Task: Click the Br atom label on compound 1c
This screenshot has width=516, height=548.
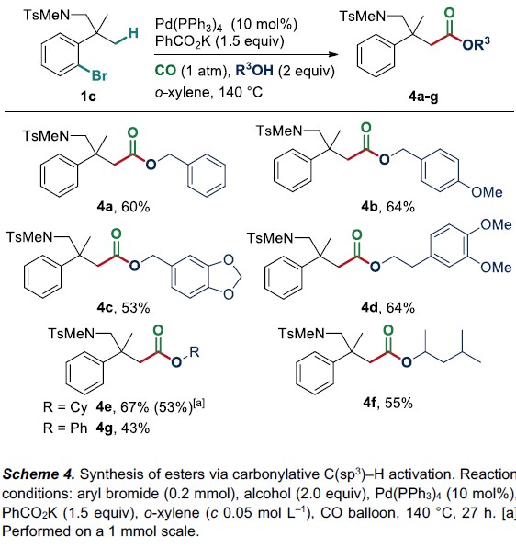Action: click(x=99, y=75)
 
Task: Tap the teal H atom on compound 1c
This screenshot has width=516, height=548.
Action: click(x=133, y=33)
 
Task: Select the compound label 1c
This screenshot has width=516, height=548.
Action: click(x=88, y=96)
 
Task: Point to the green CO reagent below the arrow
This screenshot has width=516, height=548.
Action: click(x=165, y=71)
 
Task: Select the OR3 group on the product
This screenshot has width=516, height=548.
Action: click(x=476, y=44)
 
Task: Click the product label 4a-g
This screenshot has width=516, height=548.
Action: click(x=423, y=97)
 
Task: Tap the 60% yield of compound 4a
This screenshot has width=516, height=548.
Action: click(x=135, y=207)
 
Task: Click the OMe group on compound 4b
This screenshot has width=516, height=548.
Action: click(x=487, y=192)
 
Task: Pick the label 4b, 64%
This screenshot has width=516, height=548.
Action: click(x=387, y=207)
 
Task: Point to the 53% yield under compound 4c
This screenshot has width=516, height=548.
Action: click(x=136, y=307)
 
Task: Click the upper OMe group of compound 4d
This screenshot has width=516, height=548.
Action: click(x=496, y=224)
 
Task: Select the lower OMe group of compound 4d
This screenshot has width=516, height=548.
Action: click(x=496, y=268)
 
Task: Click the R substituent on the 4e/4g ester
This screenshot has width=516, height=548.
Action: click(x=195, y=351)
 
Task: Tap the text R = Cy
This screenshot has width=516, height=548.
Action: click(x=65, y=407)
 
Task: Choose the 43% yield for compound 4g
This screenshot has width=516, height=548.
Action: click(x=135, y=428)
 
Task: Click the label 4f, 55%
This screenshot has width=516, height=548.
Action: click(x=387, y=403)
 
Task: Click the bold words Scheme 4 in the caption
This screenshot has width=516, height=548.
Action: click(x=39, y=474)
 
